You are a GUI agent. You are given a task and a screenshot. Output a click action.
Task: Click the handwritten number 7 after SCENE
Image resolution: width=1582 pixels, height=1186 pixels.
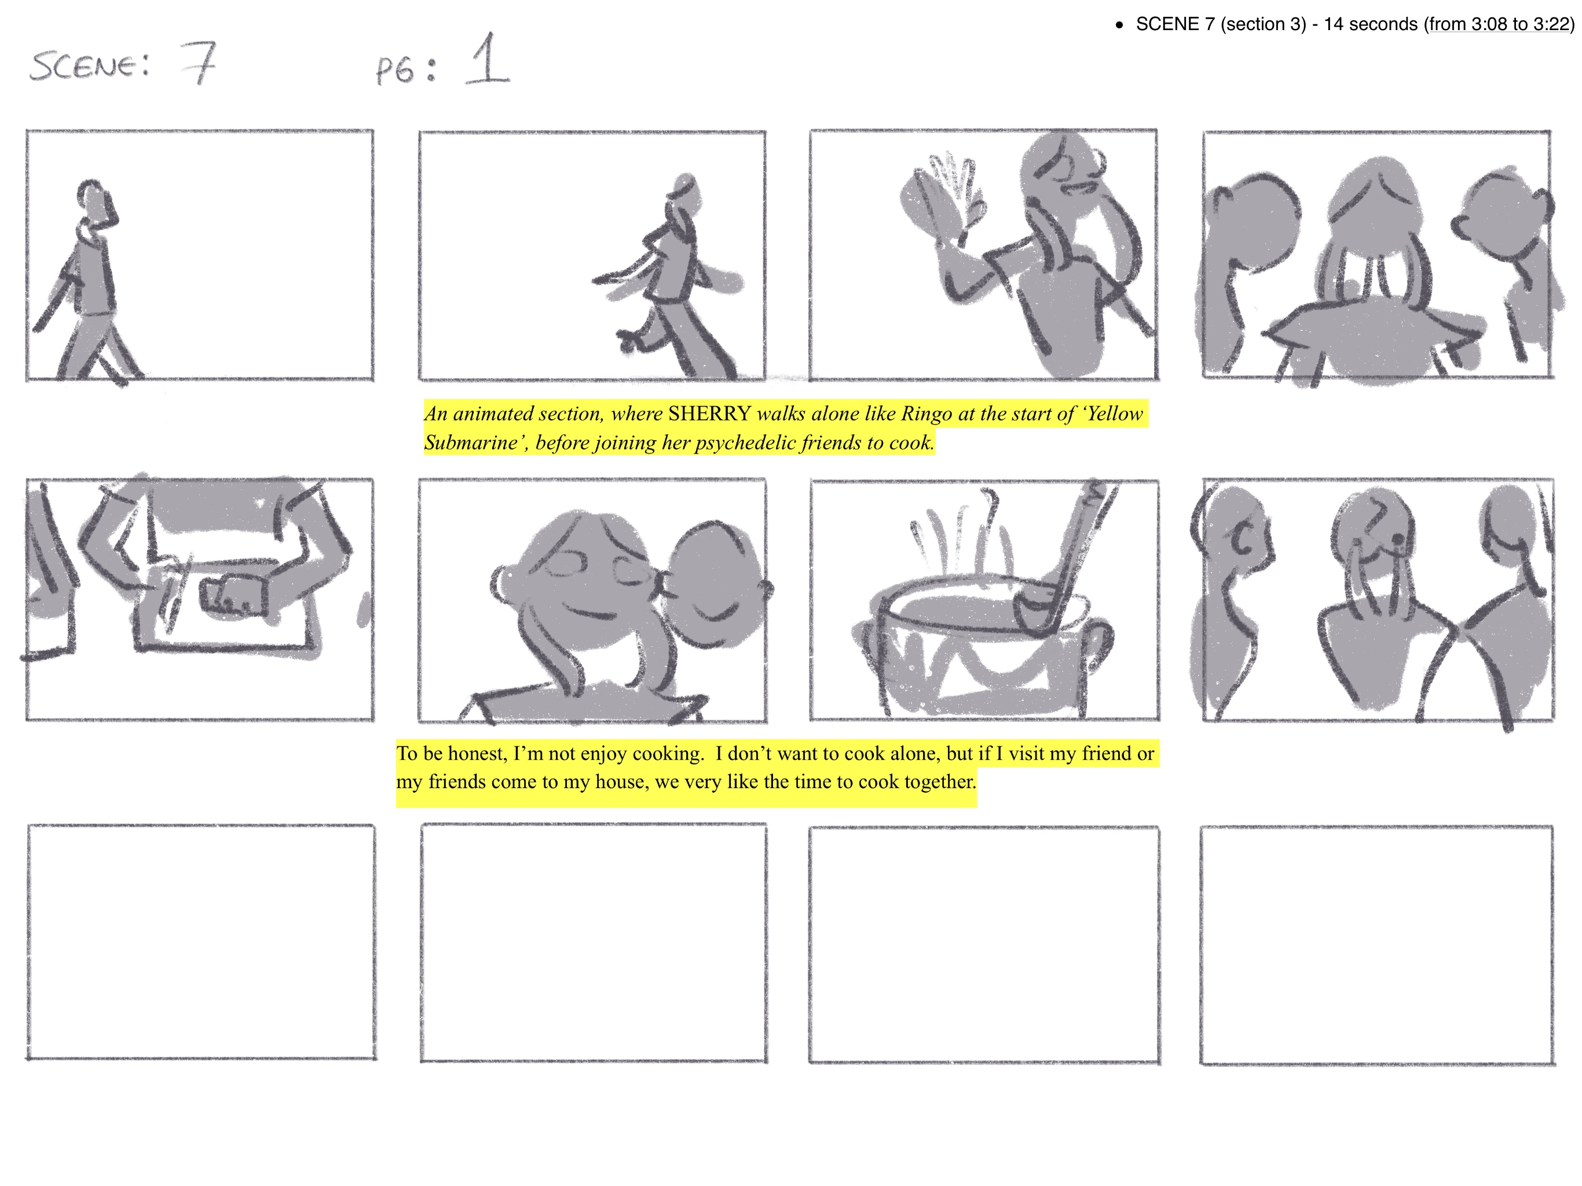197,63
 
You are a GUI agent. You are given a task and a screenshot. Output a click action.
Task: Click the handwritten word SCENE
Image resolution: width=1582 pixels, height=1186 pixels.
89,66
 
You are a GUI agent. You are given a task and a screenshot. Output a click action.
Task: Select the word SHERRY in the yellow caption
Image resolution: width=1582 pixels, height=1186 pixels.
709,413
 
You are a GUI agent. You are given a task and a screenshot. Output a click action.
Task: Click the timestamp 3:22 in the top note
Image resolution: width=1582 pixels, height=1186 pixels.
1551,24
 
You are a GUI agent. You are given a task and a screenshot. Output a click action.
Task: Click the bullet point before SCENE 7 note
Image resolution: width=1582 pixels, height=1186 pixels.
1119,25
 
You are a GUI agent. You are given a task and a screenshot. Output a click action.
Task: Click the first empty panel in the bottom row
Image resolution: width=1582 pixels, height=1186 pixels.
201,942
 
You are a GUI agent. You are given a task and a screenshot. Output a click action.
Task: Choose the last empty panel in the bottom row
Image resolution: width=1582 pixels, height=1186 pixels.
1377,946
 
